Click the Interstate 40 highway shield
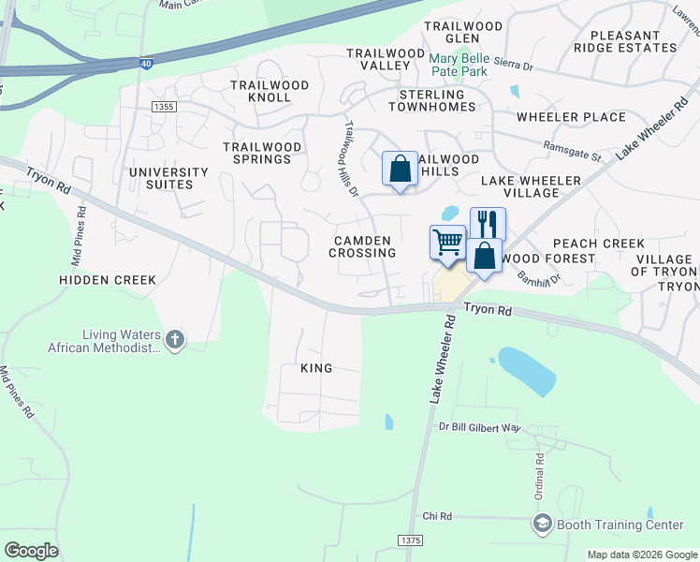145,64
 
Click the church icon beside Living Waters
174,341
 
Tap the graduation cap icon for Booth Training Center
542,525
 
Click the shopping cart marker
447,242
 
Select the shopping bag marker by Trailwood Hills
400,170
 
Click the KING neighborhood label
316,368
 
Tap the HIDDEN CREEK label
108,280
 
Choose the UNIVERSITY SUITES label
168,178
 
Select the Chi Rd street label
437,516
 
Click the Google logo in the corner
31,551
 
